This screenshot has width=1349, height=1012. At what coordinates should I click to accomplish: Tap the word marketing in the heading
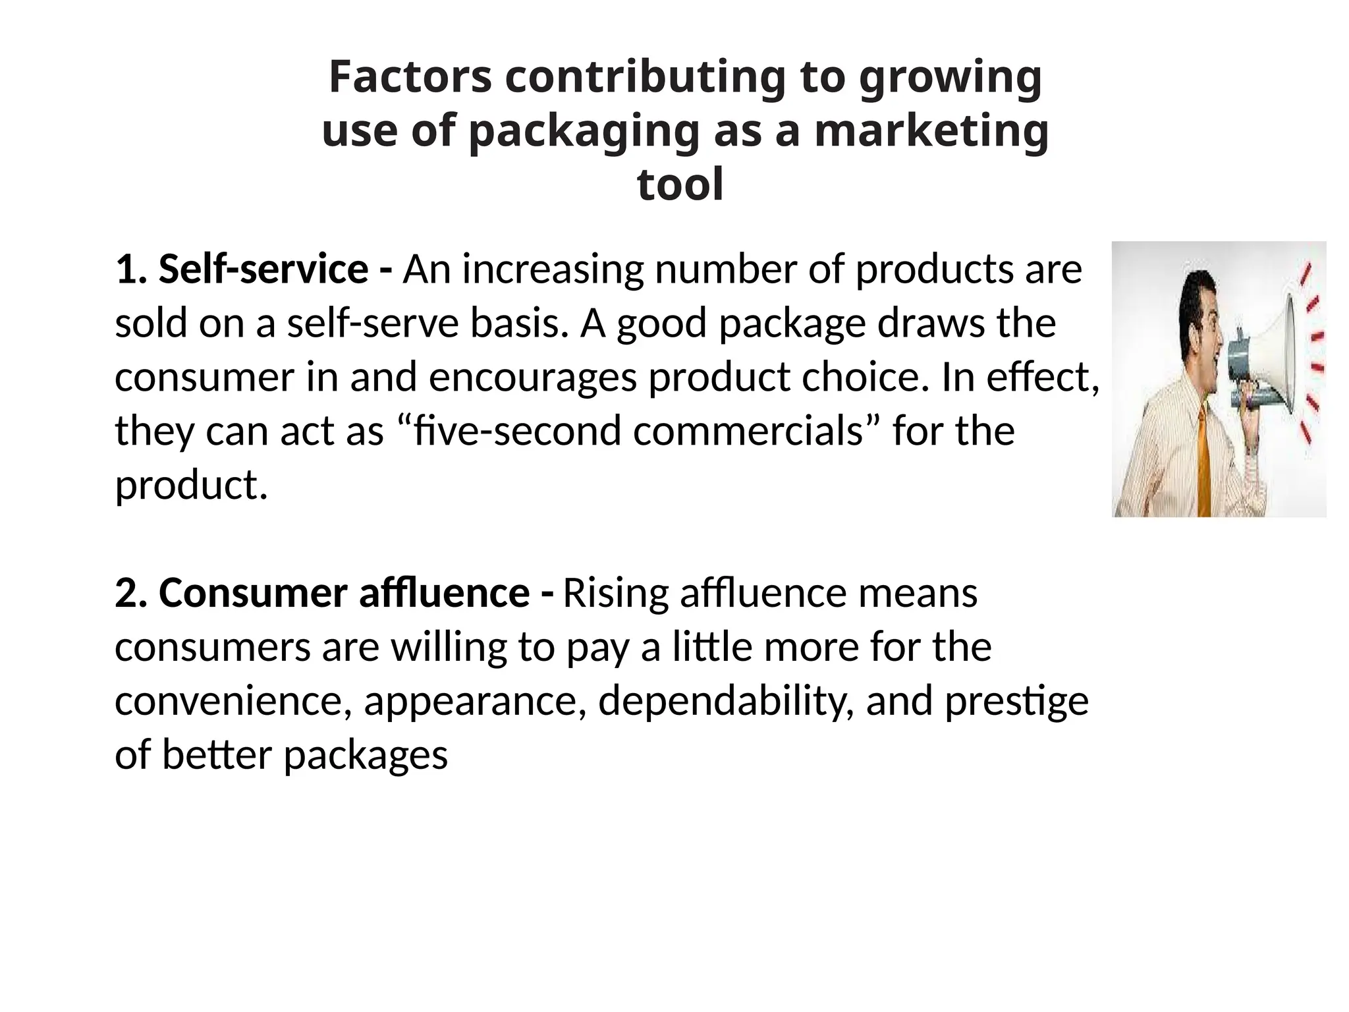click(x=931, y=131)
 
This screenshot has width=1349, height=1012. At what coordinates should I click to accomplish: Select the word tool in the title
click(x=680, y=184)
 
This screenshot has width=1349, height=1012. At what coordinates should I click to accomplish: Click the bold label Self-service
click(x=263, y=269)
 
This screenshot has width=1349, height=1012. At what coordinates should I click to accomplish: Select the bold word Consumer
click(x=252, y=593)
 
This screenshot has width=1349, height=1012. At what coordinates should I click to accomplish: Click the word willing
click(x=448, y=648)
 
